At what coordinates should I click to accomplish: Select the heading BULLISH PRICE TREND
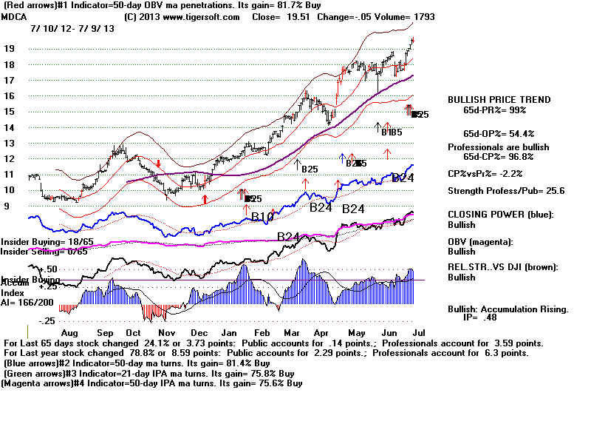point(499,100)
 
